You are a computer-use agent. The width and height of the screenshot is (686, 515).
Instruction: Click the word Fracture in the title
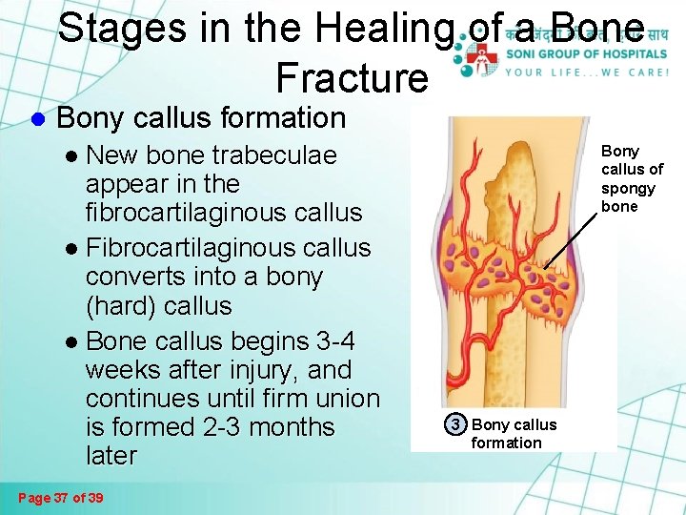[x=352, y=76]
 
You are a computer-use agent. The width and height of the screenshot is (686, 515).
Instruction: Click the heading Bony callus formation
[x=201, y=118]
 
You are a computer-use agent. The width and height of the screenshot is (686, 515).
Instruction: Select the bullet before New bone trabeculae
[x=73, y=155]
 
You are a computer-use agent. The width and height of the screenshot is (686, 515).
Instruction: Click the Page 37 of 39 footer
[x=62, y=497]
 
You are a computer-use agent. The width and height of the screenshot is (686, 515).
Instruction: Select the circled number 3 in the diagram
[x=456, y=424]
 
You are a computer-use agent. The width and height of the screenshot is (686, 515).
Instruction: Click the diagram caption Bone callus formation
[x=514, y=433]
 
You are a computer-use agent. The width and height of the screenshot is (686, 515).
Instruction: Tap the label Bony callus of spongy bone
[x=632, y=178]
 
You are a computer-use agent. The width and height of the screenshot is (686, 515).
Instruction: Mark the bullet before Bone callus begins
[x=73, y=341]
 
